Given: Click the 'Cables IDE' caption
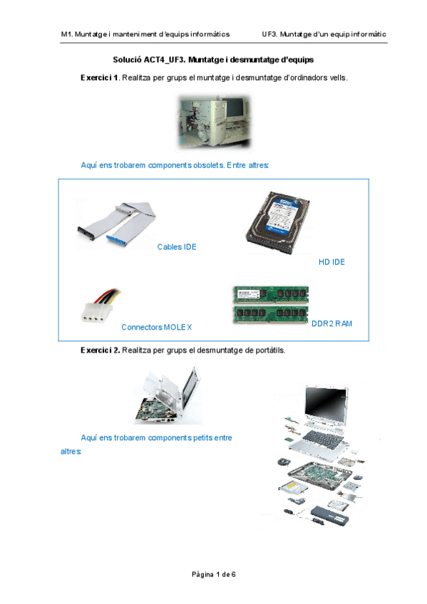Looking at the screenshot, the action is [177, 247].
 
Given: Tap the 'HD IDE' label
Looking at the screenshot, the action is [331, 262].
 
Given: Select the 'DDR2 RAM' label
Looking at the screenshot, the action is [331, 323].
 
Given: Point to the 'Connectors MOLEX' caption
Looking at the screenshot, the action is [156, 327].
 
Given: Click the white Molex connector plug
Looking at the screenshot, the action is [96, 312].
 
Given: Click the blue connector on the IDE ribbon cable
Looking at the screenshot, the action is [117, 239].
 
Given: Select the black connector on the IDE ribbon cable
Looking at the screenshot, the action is [86, 233].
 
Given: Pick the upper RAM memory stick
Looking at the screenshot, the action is [271, 295].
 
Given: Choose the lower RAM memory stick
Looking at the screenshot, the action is [271, 315].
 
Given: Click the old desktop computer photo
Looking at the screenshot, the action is [214, 122].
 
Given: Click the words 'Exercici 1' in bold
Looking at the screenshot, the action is [99, 78].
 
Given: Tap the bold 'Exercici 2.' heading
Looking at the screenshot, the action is [101, 350].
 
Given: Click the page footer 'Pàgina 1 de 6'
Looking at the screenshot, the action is [214, 574].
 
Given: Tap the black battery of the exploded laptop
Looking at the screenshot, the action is [330, 516].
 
